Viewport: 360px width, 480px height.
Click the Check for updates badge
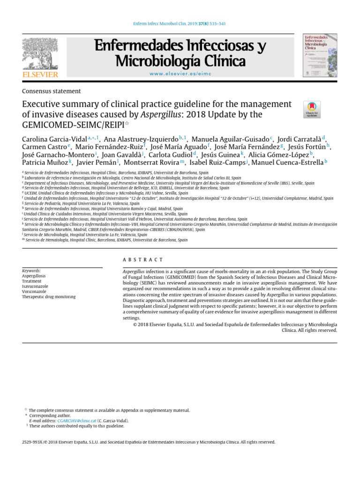312,109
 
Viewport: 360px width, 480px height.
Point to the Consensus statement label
52,91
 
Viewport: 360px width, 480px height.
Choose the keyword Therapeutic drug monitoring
49,297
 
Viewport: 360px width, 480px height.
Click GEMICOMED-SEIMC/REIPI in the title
72,125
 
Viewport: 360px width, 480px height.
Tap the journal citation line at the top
180,24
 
